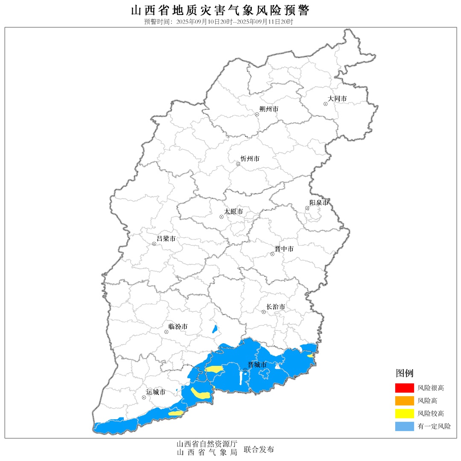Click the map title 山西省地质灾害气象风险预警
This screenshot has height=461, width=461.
[220, 10]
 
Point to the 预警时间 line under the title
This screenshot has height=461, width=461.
[219, 22]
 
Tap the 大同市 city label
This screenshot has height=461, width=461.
[337, 99]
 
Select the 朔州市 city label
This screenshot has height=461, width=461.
[268, 109]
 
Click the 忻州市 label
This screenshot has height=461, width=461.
[250, 159]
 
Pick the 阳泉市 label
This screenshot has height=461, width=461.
[319, 203]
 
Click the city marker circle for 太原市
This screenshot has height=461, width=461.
[222, 217]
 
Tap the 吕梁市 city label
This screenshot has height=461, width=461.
[166, 239]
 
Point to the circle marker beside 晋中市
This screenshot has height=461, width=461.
[272, 254]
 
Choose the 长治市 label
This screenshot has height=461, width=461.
[275, 307]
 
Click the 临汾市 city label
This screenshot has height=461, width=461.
[178, 327]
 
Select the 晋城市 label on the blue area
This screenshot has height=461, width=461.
[257, 365]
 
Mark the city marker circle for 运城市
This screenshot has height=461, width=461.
[144, 397]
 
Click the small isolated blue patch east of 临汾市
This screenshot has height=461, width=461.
[215, 329]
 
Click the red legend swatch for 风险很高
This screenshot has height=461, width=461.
[404, 388]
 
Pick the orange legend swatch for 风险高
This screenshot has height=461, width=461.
[404, 401]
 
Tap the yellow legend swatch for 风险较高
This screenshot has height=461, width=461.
[404, 414]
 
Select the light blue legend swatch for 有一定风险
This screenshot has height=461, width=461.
[404, 426]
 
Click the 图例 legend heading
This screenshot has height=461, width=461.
[404, 373]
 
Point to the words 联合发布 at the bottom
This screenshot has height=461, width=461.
[259, 449]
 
